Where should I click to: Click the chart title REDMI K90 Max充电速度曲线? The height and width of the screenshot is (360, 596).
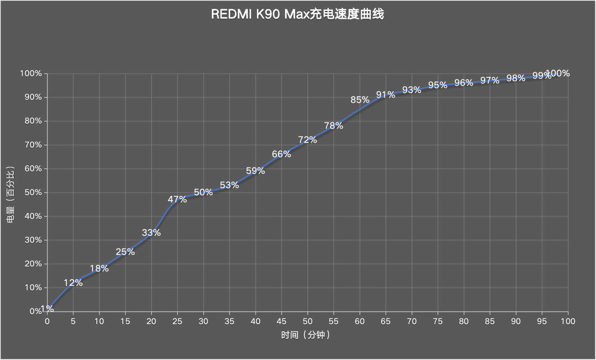[x=298, y=14]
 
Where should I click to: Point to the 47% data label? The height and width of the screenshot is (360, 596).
[x=177, y=199]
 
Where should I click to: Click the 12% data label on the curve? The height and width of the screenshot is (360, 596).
[x=73, y=283]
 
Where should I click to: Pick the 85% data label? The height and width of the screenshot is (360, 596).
[x=360, y=100]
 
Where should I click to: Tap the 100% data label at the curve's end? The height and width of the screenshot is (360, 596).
[x=558, y=73]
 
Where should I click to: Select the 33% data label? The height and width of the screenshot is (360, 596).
[x=151, y=233]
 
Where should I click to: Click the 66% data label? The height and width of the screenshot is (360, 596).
[x=281, y=154]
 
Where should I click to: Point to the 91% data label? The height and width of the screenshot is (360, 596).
[x=386, y=95]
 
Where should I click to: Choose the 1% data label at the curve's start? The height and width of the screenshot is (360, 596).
[x=48, y=309]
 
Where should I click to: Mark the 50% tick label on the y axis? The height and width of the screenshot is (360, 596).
[x=31, y=193]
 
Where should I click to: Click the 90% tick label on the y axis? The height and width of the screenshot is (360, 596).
[x=31, y=97]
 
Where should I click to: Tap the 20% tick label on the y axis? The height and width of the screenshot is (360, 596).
[x=31, y=264]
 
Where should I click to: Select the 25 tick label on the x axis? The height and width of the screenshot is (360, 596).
[x=177, y=321]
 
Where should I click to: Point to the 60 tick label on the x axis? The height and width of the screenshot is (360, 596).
[x=359, y=321]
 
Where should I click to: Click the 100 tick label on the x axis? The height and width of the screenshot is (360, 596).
[x=568, y=321]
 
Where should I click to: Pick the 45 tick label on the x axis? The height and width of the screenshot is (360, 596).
[x=282, y=321]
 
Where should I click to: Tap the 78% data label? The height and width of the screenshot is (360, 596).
[x=333, y=125]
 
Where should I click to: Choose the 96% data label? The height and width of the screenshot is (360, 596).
[x=463, y=83]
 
